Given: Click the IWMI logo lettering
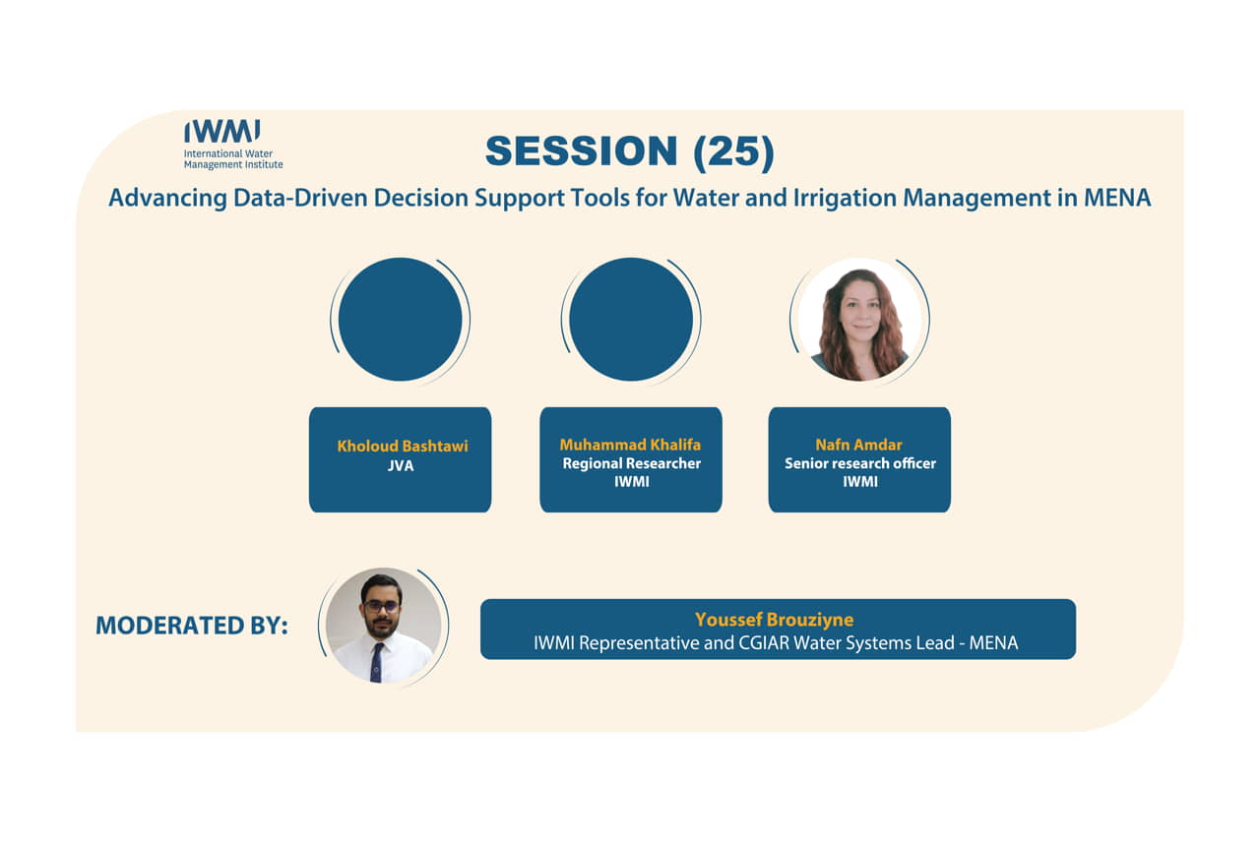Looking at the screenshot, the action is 222,131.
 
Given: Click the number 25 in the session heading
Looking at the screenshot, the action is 733,151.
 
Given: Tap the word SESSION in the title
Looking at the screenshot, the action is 581,151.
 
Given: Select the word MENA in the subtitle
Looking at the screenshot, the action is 1116,198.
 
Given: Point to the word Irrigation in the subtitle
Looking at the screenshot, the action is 845,199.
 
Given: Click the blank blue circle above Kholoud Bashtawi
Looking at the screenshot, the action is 400,320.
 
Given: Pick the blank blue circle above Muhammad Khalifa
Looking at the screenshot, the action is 631,320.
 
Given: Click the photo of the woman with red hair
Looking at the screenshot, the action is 859,320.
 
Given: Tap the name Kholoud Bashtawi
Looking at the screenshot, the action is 403,447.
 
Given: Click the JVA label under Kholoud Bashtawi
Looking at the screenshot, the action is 401,466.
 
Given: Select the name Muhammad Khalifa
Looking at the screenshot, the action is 630,445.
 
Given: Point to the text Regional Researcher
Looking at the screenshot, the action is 632,463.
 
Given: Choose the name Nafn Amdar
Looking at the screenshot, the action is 859,445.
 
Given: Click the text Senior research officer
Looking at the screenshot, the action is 860,463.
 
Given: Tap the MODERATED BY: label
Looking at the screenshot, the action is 192,626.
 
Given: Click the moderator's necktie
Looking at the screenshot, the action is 377,662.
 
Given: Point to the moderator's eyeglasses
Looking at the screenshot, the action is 381,607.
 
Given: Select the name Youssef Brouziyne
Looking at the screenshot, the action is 774,620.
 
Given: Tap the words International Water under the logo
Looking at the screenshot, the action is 227,153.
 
